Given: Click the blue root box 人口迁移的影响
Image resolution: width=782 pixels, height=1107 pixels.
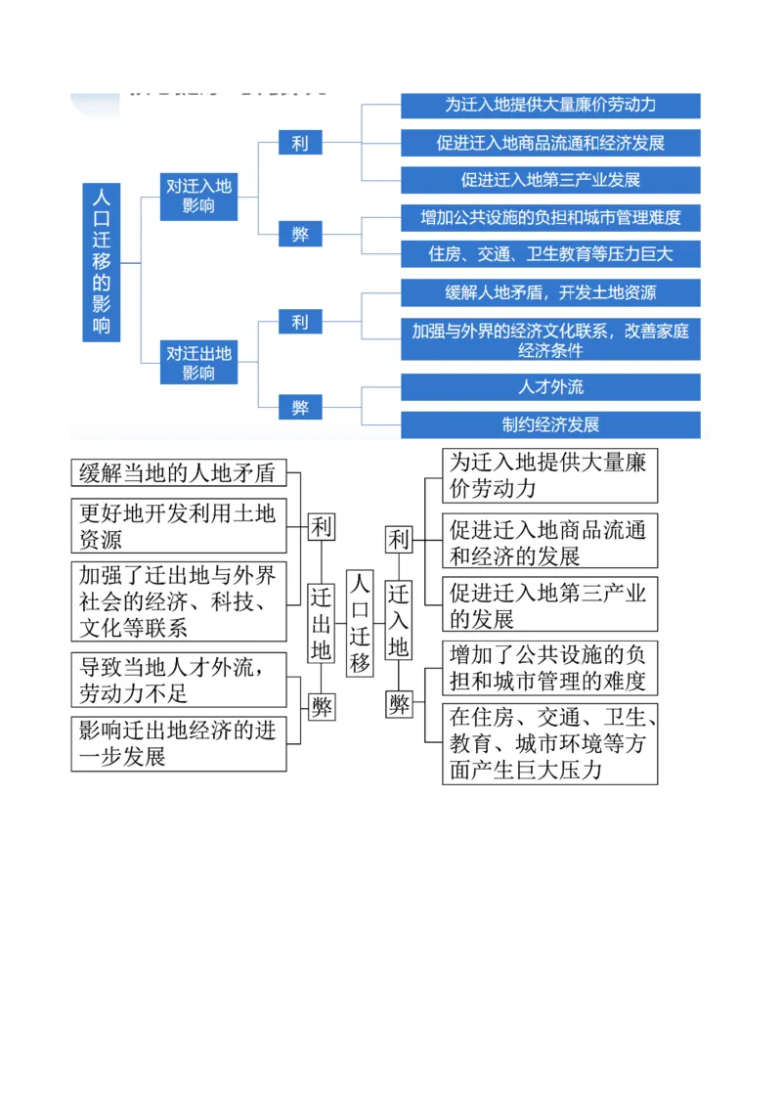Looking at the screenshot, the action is tap(102, 262).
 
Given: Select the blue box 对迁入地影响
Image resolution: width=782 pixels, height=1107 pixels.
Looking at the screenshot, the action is tap(198, 195).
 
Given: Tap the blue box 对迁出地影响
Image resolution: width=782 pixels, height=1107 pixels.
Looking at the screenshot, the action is tap(198, 362).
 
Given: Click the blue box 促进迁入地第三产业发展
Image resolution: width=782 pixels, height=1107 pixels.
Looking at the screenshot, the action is tap(550, 180).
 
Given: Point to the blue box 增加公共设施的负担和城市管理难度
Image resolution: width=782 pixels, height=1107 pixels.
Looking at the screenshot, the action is tap(550, 217).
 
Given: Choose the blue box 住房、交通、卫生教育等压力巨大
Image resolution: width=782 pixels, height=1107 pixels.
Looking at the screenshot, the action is tap(550, 254).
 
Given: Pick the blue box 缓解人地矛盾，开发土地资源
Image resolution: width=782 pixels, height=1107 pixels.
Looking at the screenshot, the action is tap(550, 292).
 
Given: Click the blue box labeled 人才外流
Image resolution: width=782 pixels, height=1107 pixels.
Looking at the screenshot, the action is tap(550, 387).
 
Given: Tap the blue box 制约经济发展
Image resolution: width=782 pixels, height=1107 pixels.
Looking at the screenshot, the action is tap(550, 424).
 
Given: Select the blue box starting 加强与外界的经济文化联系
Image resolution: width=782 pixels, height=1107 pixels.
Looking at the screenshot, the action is tap(550, 340).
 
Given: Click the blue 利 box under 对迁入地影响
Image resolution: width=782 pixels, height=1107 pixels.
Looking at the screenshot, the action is tap(299, 143).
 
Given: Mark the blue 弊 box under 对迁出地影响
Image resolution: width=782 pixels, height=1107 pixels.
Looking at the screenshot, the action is tap(299, 408).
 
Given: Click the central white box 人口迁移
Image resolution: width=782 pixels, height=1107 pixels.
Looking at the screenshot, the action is tap(360, 623).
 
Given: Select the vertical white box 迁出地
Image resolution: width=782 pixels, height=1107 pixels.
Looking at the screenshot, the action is tap(322, 623).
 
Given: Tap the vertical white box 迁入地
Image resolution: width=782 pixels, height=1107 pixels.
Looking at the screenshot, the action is tap(399, 620).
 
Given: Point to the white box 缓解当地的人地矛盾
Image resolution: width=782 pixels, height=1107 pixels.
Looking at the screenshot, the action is tap(178, 474).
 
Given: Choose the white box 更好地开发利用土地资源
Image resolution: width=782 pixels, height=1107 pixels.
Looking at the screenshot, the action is tap(178, 525).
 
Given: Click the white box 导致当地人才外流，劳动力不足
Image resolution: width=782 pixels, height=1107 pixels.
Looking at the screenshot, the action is tap(178, 680).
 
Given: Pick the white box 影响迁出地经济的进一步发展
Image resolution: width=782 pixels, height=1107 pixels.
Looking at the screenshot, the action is tap(178, 742).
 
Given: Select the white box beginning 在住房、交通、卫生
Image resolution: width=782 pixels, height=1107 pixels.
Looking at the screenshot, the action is tap(549, 743).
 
